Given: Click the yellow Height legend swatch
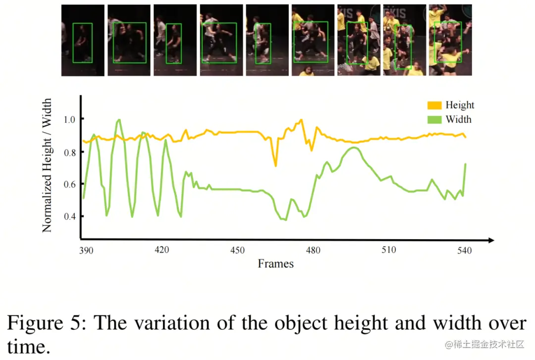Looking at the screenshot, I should coord(434,105).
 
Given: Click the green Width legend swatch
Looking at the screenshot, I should coord(434,119).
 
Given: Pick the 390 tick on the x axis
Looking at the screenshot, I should coord(86,251).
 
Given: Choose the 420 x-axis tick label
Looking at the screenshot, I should coord(162,250).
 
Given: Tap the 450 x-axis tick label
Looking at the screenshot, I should coord(237,250).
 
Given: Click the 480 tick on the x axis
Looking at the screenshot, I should coord(313,250).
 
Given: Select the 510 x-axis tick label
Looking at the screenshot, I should coord(389,250).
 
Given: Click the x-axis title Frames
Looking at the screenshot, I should coord(275,264).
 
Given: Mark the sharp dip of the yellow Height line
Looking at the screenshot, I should coord(275,165).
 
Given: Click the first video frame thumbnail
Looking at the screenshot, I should coord(83,40).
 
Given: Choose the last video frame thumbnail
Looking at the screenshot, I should coord(450,40).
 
